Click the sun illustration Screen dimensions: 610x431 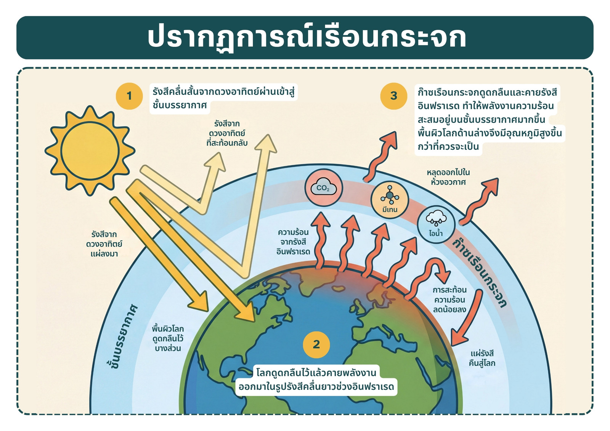pos(90,151)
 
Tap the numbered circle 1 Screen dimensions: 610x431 pos(129,96)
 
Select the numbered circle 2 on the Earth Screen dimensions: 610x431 pos(316,344)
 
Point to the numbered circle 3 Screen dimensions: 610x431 pos(393,96)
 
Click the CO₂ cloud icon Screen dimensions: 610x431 pos(324,188)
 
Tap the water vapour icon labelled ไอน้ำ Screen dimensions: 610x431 pos(436,224)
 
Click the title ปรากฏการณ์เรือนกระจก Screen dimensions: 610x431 pos(307,38)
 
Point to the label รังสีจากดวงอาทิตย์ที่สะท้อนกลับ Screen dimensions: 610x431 pos(227,133)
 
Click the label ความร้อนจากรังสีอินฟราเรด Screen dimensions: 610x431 pos(293,242)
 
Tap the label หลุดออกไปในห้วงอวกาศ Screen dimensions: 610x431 pos(448,177)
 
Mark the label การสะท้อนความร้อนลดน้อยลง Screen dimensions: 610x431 pos(449,300)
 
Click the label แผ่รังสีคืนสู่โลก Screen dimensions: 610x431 pos(482,358)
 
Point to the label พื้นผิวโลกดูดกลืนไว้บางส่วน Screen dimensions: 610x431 pos(168,338)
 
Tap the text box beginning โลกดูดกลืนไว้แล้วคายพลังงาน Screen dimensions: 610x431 pos(316,380)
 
